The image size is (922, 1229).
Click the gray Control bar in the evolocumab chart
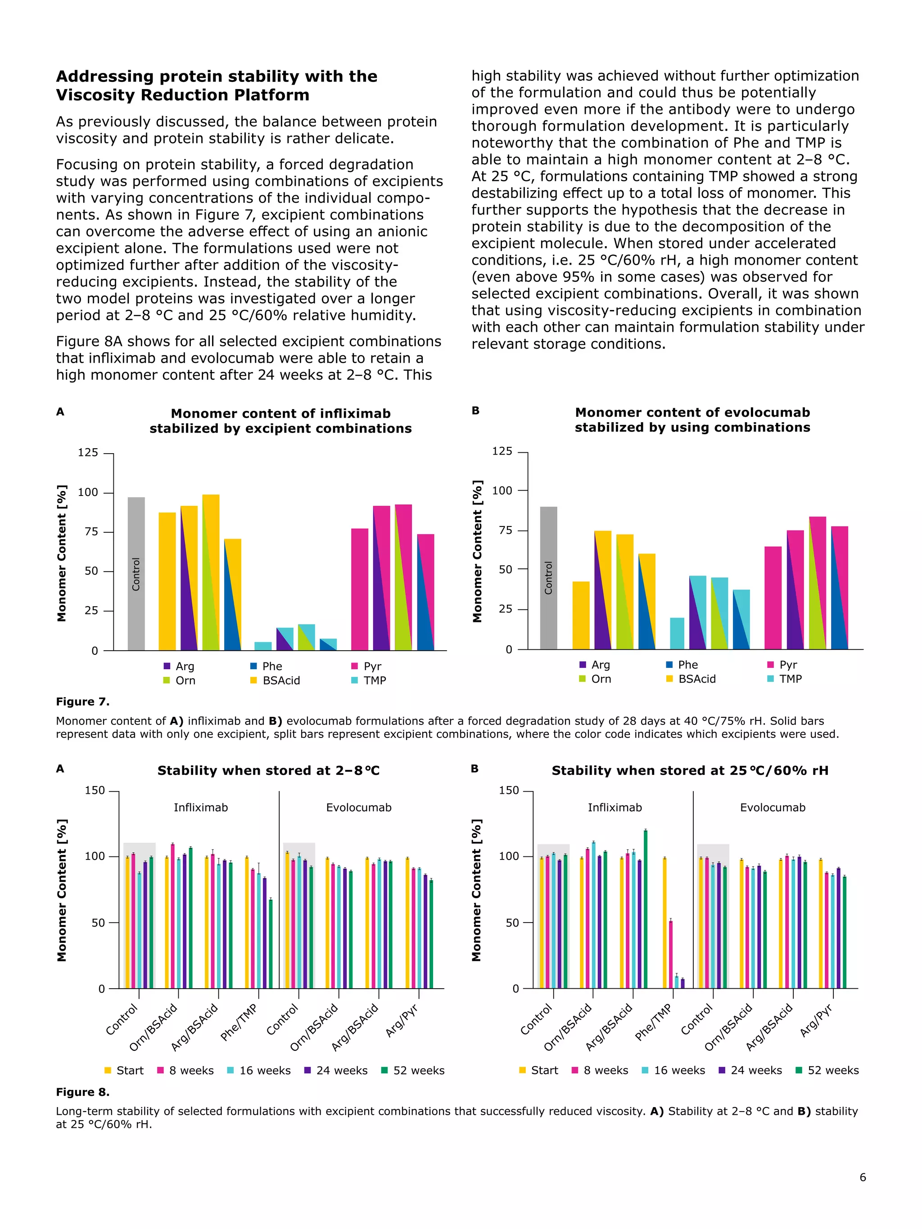pyautogui.click(x=548, y=578)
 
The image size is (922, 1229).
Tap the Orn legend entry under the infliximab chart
pyautogui.click(x=180, y=680)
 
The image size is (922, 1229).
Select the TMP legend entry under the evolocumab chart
pyautogui.click(x=785, y=679)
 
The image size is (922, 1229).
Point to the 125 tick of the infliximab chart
pyautogui.click(x=88, y=453)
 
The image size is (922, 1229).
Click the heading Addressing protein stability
pyautogui.click(x=217, y=85)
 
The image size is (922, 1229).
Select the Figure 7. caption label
pyautogui.click(x=83, y=702)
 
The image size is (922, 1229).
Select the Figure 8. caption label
pyautogui.click(x=83, y=1092)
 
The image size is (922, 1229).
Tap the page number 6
pyautogui.click(x=863, y=1193)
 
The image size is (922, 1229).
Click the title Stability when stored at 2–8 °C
pyautogui.click(x=268, y=770)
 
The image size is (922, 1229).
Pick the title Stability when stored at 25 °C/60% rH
pyautogui.click(x=690, y=770)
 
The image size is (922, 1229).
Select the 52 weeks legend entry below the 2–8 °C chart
pyautogui.click(x=413, y=1071)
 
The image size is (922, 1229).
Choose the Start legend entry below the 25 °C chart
pyautogui.click(x=538, y=1071)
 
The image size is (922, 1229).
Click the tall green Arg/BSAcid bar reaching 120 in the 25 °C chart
pyautogui.click(x=645, y=909)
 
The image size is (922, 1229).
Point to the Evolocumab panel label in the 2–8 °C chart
pyautogui.click(x=358, y=808)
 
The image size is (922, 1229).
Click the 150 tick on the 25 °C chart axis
pyautogui.click(x=509, y=791)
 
